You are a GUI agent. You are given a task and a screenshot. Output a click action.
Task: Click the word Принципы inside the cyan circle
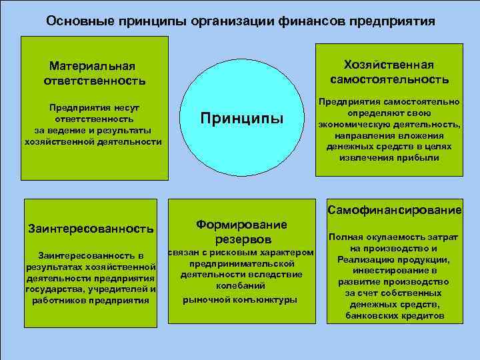click(x=242, y=119)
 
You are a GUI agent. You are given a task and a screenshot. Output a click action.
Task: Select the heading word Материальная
click(x=92, y=66)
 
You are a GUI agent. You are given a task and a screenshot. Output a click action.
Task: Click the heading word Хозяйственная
click(x=389, y=65)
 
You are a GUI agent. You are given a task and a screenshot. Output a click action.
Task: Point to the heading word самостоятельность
click(x=389, y=79)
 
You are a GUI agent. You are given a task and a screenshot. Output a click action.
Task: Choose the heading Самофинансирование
click(x=395, y=211)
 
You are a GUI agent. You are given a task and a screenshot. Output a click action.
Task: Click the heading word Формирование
click(x=242, y=225)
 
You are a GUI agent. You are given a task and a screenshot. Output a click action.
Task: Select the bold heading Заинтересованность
click(x=91, y=229)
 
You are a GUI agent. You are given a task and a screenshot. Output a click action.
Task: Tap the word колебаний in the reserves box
click(x=241, y=287)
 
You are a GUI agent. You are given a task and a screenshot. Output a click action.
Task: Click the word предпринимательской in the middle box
click(x=241, y=263)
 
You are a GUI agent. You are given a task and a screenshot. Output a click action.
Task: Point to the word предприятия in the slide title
click(x=395, y=21)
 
